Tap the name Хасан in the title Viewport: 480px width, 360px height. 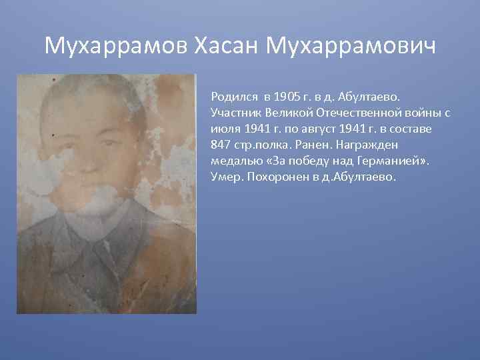click(x=226, y=46)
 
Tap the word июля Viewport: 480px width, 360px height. click(x=223, y=129)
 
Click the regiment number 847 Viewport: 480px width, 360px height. click(x=220, y=145)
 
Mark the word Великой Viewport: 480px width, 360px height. click(x=285, y=113)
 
